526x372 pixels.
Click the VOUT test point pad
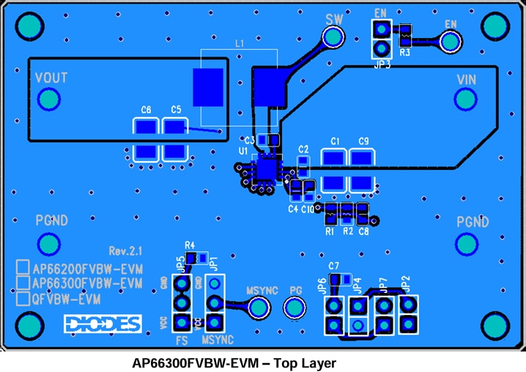(x=49, y=99)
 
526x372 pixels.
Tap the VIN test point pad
(x=466, y=99)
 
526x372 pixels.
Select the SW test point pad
(x=333, y=36)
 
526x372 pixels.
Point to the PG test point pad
(x=296, y=309)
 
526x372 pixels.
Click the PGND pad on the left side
(x=49, y=243)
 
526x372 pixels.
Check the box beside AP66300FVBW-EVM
(x=23, y=283)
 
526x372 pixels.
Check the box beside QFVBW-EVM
(x=23, y=299)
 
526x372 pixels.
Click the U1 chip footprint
(x=264, y=168)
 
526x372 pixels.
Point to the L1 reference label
(x=240, y=44)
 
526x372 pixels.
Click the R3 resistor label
(x=404, y=52)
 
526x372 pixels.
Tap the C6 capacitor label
(x=146, y=110)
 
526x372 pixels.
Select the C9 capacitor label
(x=363, y=141)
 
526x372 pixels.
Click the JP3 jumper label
(x=381, y=64)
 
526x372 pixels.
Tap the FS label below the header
(x=182, y=341)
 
